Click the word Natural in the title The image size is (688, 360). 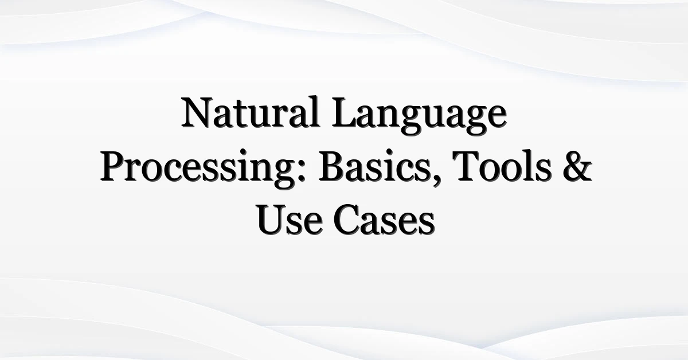click(x=251, y=112)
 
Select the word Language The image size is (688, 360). click(x=419, y=115)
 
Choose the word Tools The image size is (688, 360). click(x=502, y=166)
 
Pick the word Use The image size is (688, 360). click(x=290, y=220)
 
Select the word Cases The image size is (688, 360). click(x=384, y=220)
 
